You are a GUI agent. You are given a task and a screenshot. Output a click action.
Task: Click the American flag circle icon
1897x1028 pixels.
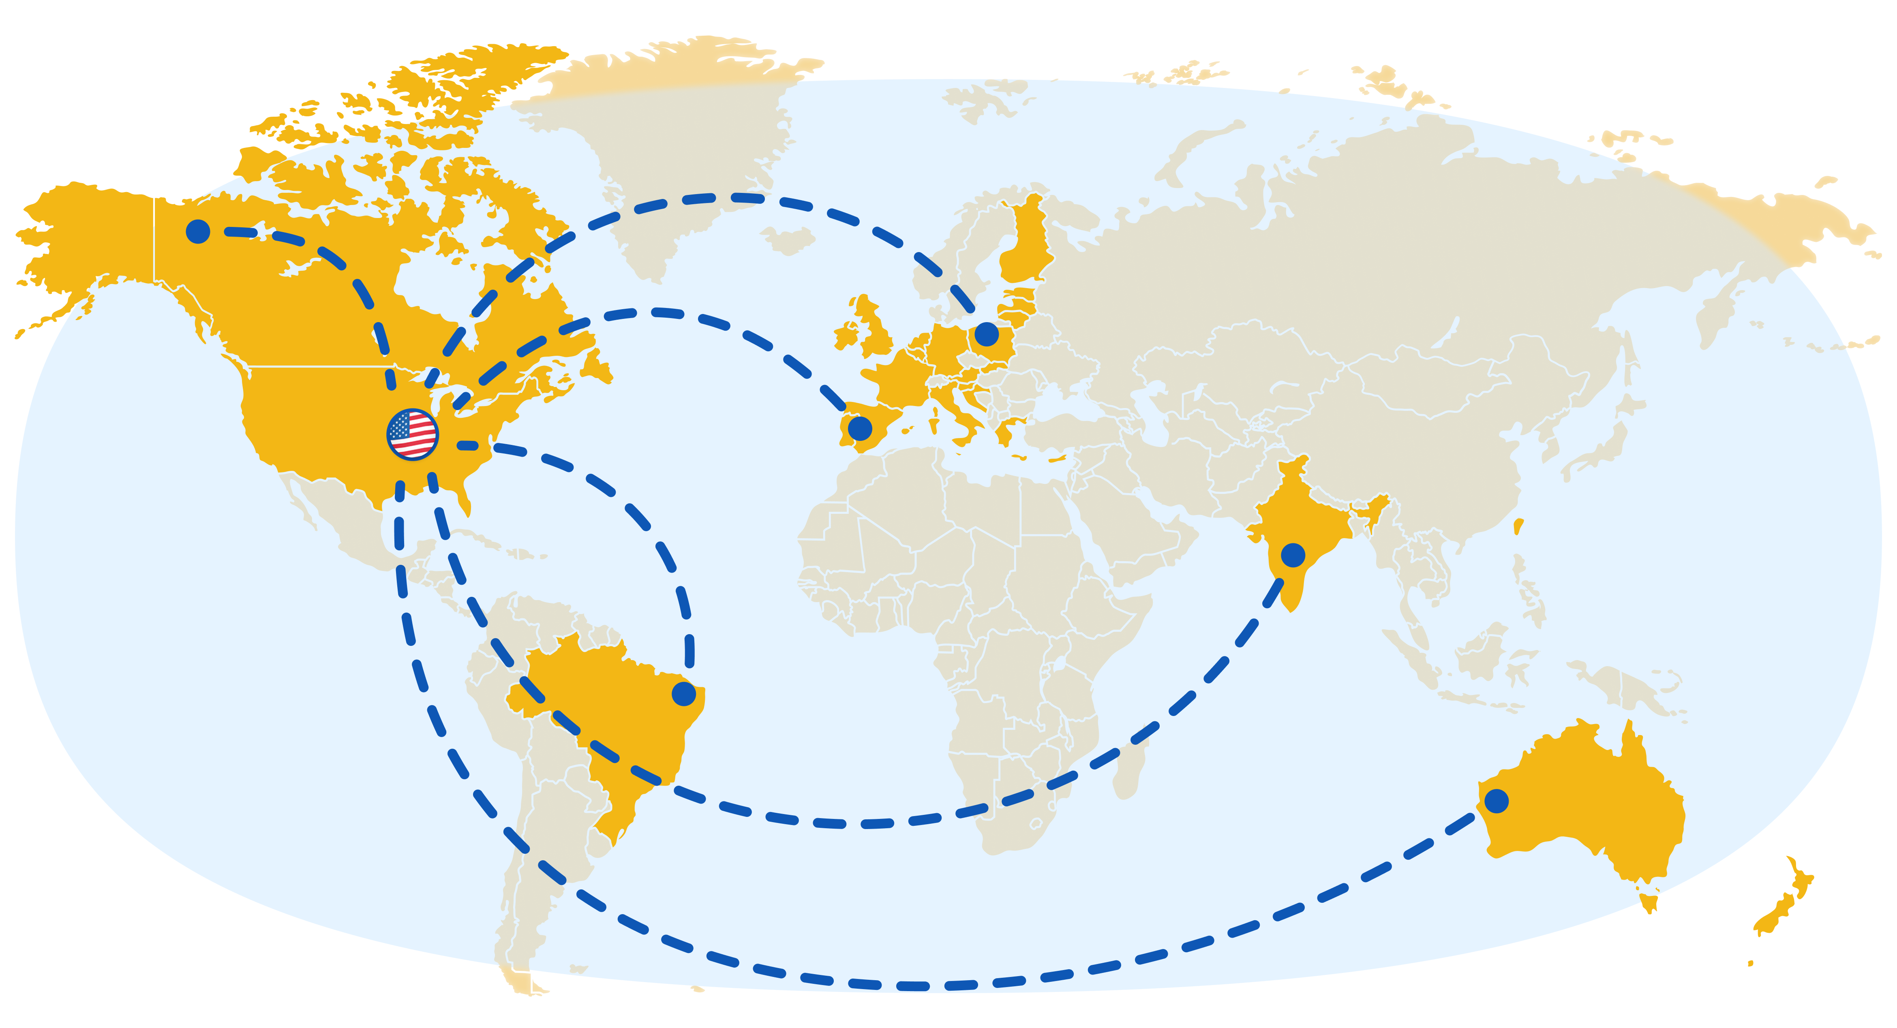pos(412,434)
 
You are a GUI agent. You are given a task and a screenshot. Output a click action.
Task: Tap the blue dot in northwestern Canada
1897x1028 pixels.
pos(197,231)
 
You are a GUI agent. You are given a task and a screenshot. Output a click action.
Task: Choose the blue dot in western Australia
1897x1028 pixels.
pos(1496,800)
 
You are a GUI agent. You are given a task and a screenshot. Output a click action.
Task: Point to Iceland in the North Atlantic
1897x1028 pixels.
pos(788,240)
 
